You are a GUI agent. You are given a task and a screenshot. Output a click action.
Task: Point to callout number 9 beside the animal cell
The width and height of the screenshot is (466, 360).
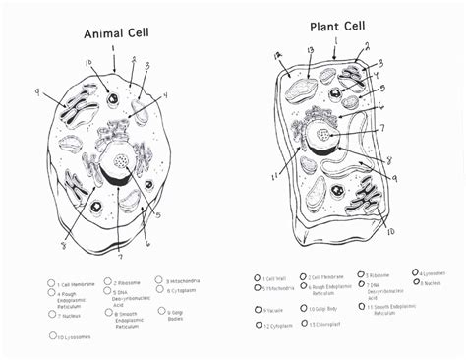tap(38, 93)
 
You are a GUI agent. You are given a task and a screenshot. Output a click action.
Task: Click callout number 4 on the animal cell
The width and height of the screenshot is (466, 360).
tap(165, 95)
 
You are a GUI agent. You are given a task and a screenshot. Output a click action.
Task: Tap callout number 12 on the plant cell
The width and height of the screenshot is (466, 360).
tap(278, 55)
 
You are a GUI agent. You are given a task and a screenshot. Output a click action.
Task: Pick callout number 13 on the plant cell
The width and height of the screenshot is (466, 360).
tap(309, 48)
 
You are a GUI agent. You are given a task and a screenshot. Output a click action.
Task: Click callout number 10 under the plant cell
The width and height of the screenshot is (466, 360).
tap(390, 231)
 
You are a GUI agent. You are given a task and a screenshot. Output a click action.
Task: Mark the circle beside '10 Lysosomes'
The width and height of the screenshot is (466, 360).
tap(52, 336)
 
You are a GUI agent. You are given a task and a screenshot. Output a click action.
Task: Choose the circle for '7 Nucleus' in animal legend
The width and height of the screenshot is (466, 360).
tap(51, 315)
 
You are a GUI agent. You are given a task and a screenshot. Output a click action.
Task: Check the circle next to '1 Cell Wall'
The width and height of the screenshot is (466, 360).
tap(258, 278)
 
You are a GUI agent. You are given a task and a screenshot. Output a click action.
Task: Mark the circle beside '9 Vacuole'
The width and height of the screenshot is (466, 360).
tap(257, 309)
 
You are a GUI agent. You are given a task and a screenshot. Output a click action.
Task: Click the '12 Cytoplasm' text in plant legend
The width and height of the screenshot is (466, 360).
tap(280, 325)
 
